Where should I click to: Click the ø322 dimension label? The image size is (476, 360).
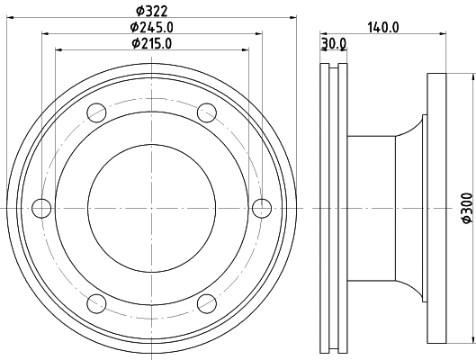151,11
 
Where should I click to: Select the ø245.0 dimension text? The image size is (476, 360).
151,27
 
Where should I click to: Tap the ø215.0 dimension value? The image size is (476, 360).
151,43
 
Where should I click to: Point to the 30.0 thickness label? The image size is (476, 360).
333,43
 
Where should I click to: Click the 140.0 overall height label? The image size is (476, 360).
383,27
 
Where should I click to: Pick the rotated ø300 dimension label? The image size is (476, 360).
465,208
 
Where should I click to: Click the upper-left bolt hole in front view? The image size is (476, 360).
95,112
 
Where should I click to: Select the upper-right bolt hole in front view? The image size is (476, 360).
206,112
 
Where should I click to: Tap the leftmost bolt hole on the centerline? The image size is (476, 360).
40,208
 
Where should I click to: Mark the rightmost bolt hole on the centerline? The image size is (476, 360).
261,208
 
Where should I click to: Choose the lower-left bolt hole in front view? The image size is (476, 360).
95,303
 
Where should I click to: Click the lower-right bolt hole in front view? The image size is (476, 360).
206,303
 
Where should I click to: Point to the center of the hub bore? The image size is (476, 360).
151,208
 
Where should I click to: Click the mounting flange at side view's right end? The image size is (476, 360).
437,208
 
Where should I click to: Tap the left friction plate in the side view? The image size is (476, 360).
326,208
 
